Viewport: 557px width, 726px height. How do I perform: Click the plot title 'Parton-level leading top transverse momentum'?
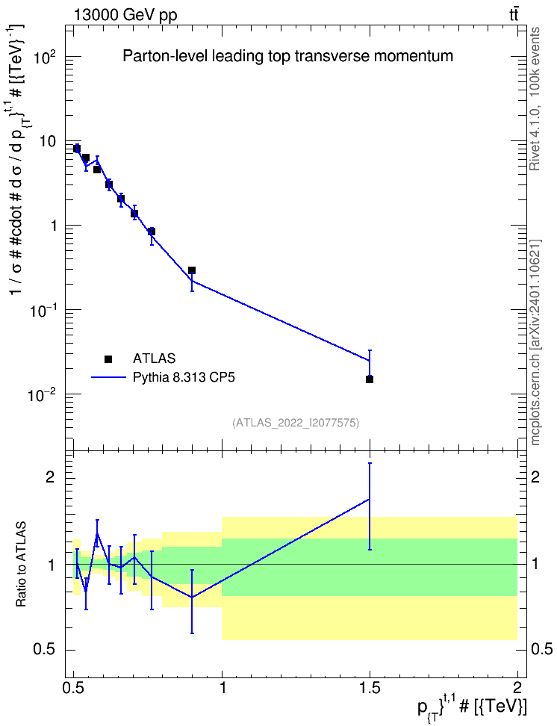point(287,57)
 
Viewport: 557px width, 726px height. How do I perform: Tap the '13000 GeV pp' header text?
point(125,15)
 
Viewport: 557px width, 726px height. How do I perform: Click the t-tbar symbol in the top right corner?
point(514,15)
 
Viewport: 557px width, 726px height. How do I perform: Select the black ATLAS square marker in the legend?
point(108,359)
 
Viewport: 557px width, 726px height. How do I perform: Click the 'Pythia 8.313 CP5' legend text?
point(184,377)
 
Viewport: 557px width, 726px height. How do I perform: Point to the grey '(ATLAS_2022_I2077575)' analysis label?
point(296,422)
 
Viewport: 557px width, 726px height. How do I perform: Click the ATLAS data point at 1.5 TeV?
point(370,379)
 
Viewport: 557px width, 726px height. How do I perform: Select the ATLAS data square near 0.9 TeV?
point(192,270)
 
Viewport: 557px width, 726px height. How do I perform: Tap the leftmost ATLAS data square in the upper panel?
point(77,148)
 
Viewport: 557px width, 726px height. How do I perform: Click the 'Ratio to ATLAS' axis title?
point(22,565)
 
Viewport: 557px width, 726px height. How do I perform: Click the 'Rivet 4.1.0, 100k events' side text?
point(535,99)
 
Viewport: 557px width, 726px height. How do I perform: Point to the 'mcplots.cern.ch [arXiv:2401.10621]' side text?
point(535,342)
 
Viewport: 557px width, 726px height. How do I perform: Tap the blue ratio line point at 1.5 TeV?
point(370,500)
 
